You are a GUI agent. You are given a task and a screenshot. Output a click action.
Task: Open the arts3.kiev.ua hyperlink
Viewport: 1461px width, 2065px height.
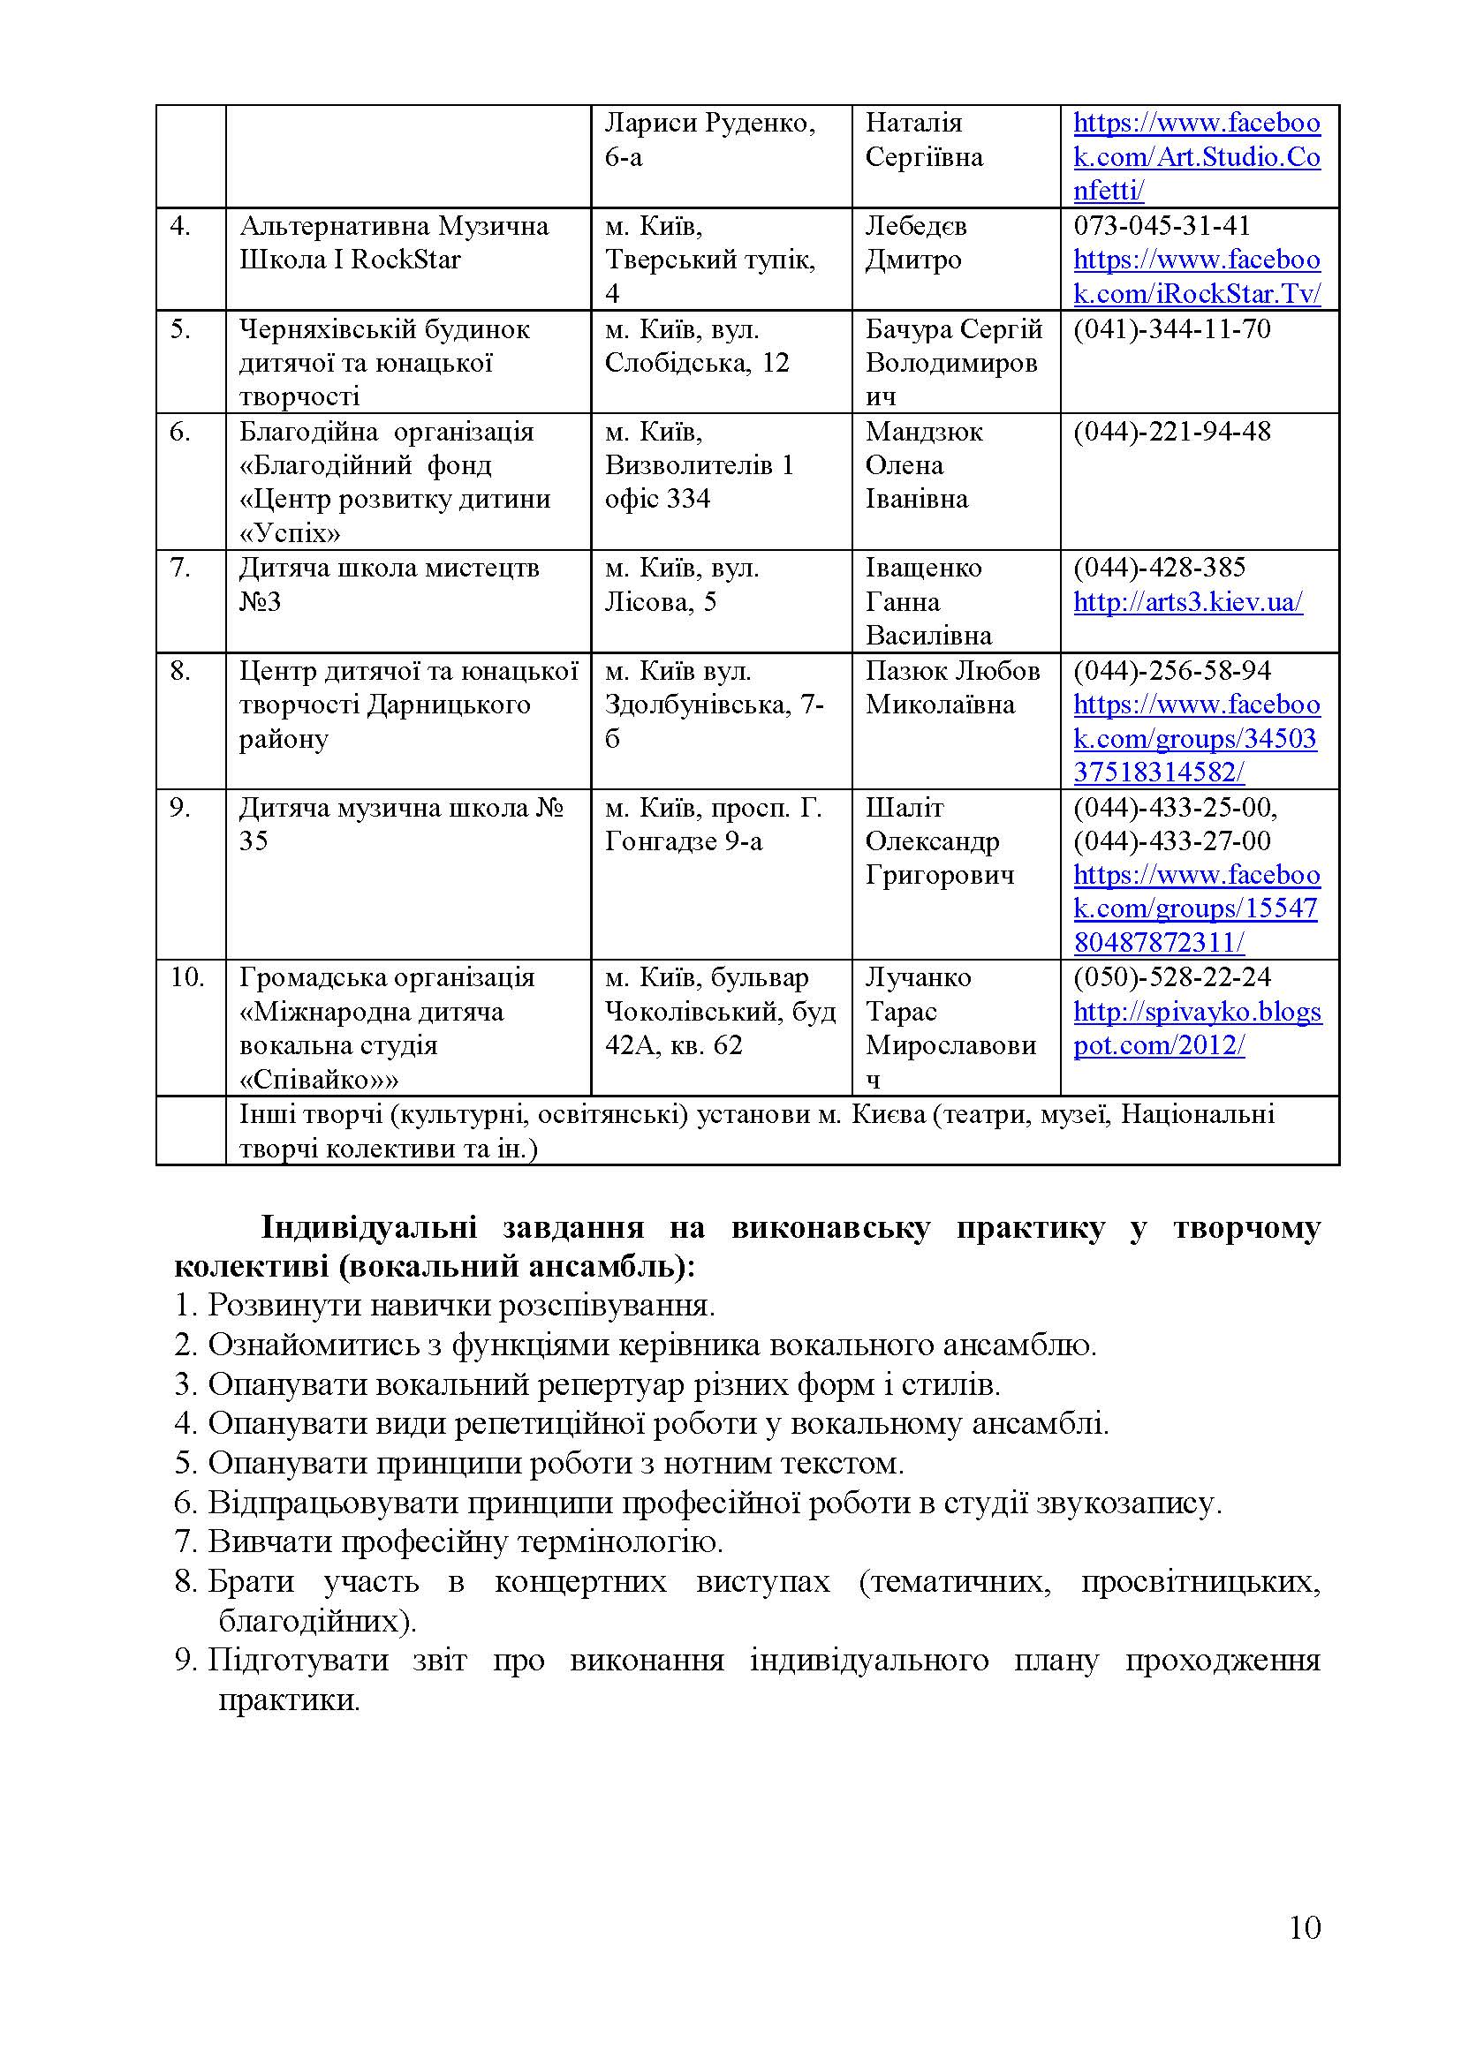[1187, 602]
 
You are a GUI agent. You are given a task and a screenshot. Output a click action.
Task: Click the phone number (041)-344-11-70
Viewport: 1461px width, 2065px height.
[1171, 329]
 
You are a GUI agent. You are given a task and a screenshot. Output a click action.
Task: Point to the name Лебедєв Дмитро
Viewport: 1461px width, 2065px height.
[916, 243]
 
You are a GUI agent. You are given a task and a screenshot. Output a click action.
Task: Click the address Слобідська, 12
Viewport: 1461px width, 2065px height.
[696, 364]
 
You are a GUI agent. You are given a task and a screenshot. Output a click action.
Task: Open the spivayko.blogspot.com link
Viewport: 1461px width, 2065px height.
[1197, 1028]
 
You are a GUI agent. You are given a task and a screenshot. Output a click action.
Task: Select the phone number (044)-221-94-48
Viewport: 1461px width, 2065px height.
[1171, 432]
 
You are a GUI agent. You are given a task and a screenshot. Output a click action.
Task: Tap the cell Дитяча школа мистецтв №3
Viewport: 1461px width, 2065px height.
[389, 584]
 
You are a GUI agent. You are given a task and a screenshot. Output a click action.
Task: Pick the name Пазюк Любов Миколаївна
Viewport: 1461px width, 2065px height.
[952, 688]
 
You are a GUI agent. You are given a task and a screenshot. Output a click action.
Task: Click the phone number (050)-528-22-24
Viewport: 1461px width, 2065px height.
[1171, 977]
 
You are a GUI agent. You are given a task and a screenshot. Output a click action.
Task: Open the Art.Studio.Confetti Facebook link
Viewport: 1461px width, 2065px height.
[1197, 157]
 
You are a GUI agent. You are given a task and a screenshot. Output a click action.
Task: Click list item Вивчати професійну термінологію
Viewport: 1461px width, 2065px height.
[465, 1541]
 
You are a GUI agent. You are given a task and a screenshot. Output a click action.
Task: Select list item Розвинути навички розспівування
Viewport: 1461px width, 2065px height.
[460, 1304]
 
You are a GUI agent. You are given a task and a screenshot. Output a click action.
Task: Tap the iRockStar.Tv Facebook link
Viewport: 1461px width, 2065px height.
[1197, 277]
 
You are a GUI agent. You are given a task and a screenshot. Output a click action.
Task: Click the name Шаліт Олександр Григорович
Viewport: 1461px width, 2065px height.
[939, 842]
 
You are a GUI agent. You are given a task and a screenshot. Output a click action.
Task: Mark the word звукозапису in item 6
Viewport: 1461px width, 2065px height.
[1127, 1502]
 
